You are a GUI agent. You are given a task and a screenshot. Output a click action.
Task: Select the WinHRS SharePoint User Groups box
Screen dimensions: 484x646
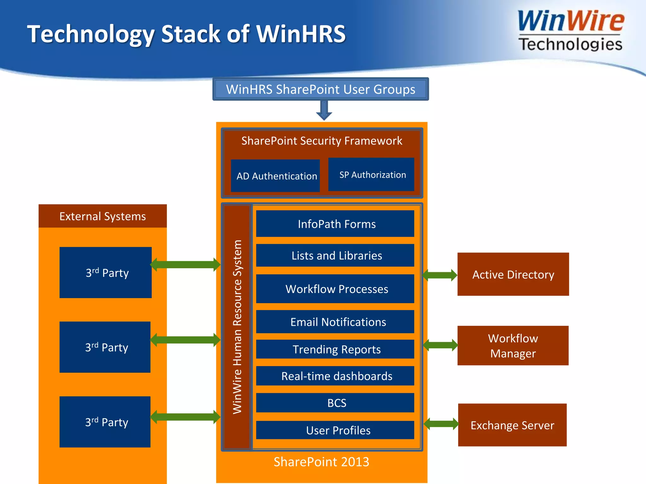320,89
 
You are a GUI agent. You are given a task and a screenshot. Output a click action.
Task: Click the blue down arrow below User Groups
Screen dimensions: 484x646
324,111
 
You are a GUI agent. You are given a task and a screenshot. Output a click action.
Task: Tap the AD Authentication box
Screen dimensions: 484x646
275,176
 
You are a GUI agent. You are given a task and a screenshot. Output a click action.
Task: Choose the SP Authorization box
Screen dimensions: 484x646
371,175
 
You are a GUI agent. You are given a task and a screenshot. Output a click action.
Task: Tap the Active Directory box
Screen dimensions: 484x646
513,274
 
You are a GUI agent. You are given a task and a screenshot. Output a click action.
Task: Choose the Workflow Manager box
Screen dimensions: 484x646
513,346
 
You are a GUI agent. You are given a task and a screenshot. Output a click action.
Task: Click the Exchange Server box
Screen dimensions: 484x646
512,425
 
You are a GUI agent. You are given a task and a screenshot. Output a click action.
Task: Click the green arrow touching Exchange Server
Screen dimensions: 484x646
441,424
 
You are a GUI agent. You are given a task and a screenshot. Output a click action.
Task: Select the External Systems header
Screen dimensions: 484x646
103,216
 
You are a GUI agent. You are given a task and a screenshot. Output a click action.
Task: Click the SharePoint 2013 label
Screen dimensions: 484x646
321,462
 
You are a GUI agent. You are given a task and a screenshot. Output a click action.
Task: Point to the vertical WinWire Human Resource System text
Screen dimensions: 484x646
237,327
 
